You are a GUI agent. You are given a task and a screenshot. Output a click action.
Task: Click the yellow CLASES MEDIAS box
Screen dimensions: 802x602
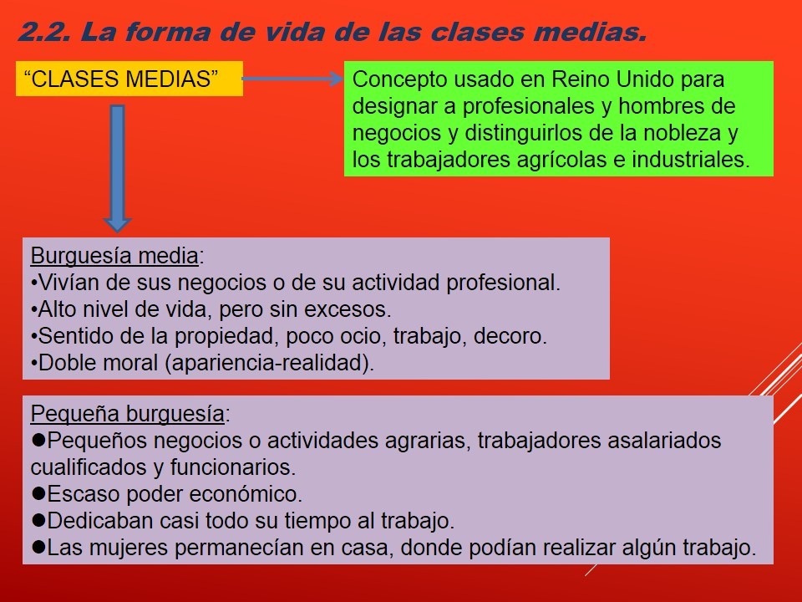tap(129, 79)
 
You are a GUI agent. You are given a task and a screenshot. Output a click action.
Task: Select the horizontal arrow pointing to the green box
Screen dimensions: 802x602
tap(292, 79)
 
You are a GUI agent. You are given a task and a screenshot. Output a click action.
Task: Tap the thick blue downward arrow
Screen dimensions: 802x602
tap(117, 168)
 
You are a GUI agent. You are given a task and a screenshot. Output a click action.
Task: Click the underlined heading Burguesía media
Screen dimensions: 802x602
tap(114, 256)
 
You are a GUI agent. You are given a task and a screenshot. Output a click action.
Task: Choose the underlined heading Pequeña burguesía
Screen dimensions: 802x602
tap(127, 414)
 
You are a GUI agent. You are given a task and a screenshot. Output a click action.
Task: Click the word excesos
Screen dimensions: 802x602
tap(348, 309)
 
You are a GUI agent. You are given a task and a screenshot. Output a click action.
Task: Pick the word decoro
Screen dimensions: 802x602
tap(510, 336)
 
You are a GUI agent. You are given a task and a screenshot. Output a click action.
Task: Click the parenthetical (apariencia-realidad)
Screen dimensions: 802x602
tap(270, 363)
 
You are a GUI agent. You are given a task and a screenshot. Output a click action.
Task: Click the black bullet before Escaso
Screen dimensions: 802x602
tap(38, 493)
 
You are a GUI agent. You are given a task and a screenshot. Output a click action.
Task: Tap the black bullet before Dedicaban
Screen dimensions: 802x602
tap(38, 520)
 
